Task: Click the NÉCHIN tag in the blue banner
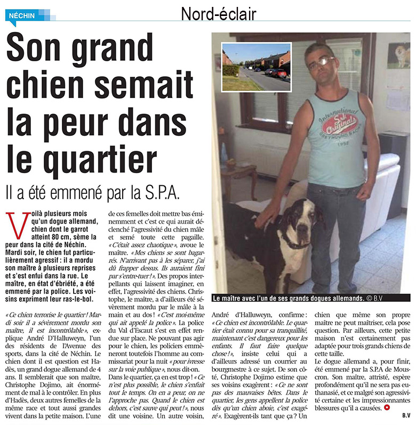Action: pyautogui.click(x=22, y=15)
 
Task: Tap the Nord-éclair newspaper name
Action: pyautogui.click(x=219, y=14)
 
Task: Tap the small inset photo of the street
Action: pyautogui.click(x=256, y=67)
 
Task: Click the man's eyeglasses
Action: pyautogui.click(x=321, y=62)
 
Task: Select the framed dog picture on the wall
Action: pyautogui.click(x=398, y=55)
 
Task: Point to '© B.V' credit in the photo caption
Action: pyautogui.click(x=393, y=298)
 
